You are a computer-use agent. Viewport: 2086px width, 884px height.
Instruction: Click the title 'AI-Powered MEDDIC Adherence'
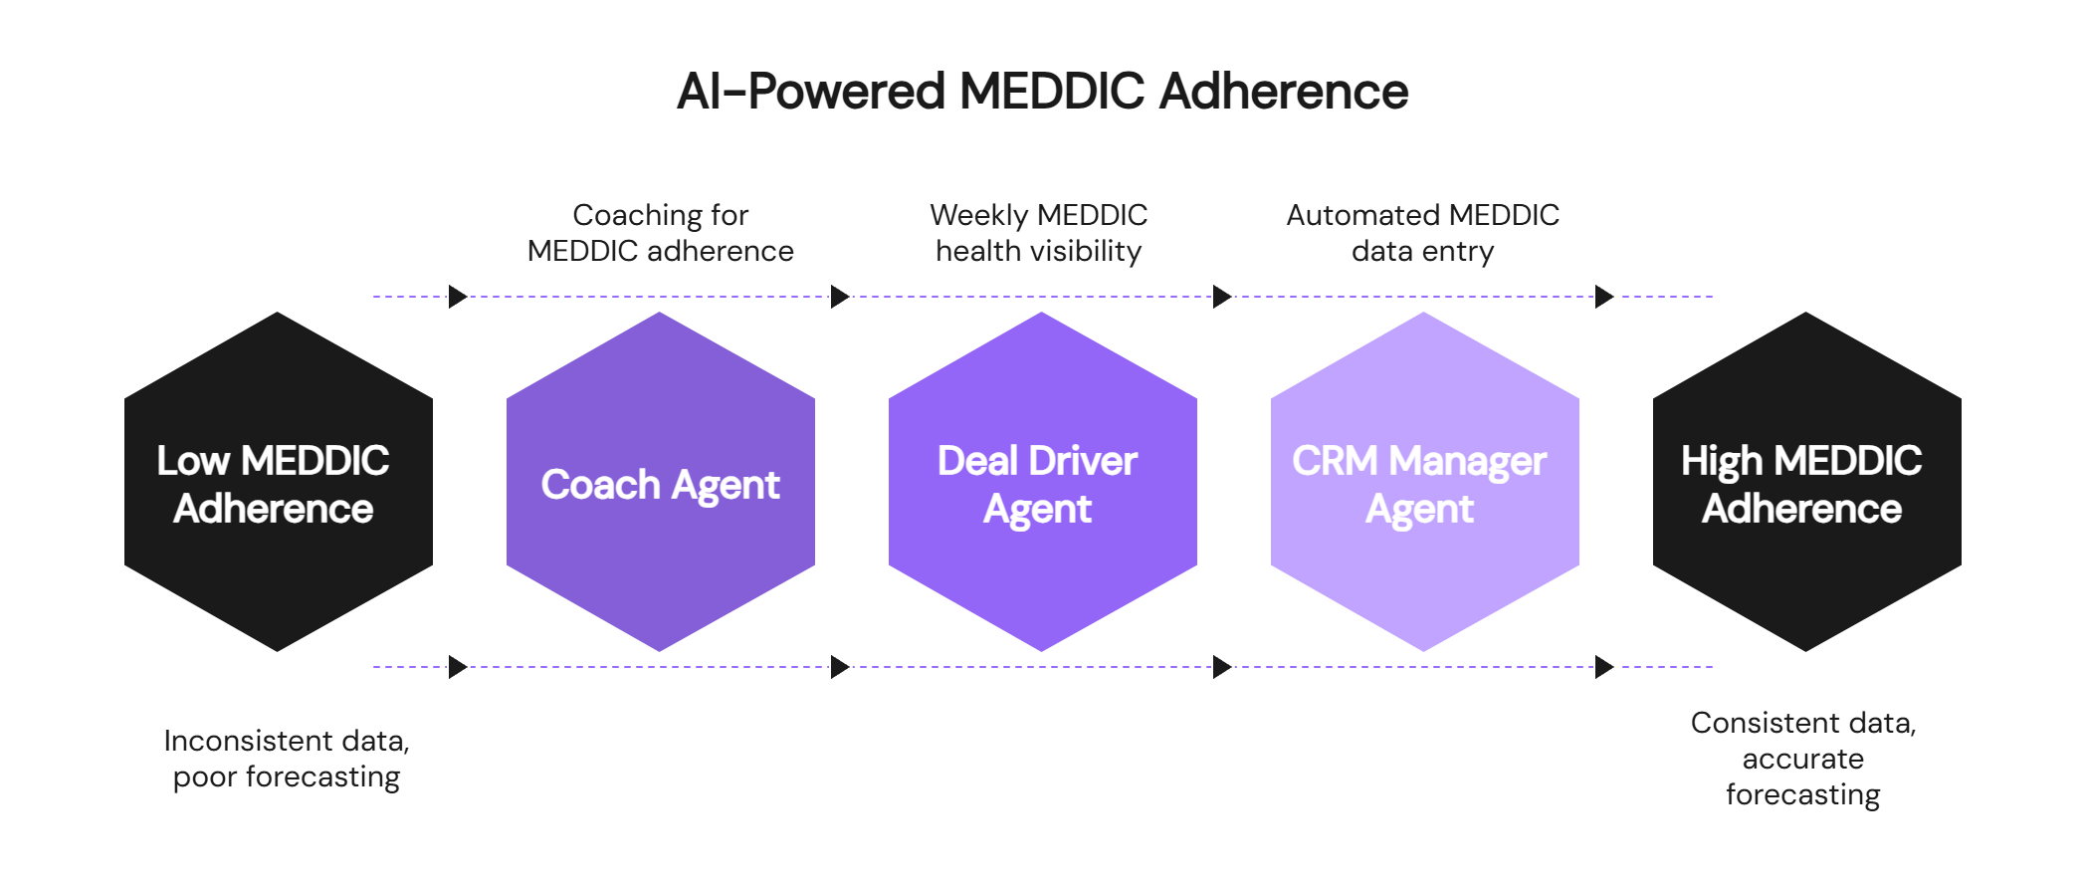pos(1042,92)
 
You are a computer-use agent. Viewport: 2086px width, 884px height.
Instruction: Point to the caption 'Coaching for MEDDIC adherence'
pos(661,233)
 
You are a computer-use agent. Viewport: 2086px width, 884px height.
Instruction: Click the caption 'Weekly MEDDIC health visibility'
pos(1039,233)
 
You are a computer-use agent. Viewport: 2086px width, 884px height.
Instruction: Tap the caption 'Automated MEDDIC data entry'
pos(1423,233)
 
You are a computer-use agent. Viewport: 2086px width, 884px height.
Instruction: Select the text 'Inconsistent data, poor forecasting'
pos(287,759)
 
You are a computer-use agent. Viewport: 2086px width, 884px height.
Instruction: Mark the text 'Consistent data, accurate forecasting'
pos(1803,759)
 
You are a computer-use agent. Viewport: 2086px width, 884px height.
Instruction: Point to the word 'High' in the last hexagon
pos(1722,461)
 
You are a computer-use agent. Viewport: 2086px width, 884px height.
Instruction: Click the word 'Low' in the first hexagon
pos(193,461)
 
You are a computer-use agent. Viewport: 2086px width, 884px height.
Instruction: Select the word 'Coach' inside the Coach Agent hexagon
pos(600,485)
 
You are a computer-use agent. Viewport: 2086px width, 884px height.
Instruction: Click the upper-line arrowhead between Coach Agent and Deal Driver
pos(841,297)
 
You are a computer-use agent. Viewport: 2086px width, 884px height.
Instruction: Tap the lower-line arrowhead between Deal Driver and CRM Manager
pos(1223,667)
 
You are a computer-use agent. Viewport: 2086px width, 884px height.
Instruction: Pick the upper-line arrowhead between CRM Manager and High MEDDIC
pos(1604,297)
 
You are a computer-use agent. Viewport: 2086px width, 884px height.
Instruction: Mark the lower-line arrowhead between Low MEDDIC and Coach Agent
pos(458,667)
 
